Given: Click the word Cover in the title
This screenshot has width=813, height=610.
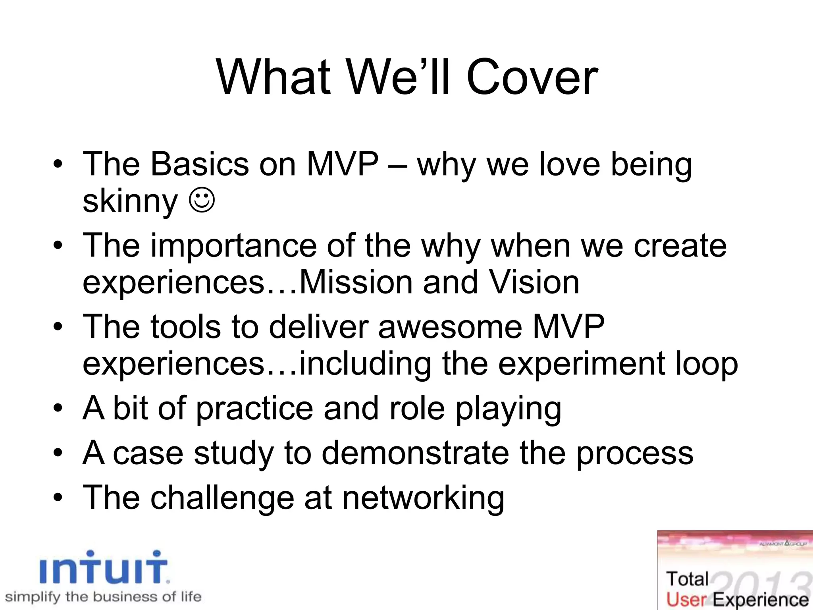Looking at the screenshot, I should tap(532, 77).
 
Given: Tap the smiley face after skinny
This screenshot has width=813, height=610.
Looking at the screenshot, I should tap(202, 200).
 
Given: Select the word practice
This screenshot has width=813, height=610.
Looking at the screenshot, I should tap(254, 409).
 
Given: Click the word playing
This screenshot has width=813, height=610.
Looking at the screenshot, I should tap(508, 409).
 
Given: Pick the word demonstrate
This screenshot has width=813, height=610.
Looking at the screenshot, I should tap(415, 454).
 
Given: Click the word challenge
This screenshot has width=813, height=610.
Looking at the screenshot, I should tap(222, 498).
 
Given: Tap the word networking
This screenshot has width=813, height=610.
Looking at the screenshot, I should tap(423, 498).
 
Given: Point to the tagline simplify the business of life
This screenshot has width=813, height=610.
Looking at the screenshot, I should tap(103, 597).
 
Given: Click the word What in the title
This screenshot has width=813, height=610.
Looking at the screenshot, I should tap(274, 77).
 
